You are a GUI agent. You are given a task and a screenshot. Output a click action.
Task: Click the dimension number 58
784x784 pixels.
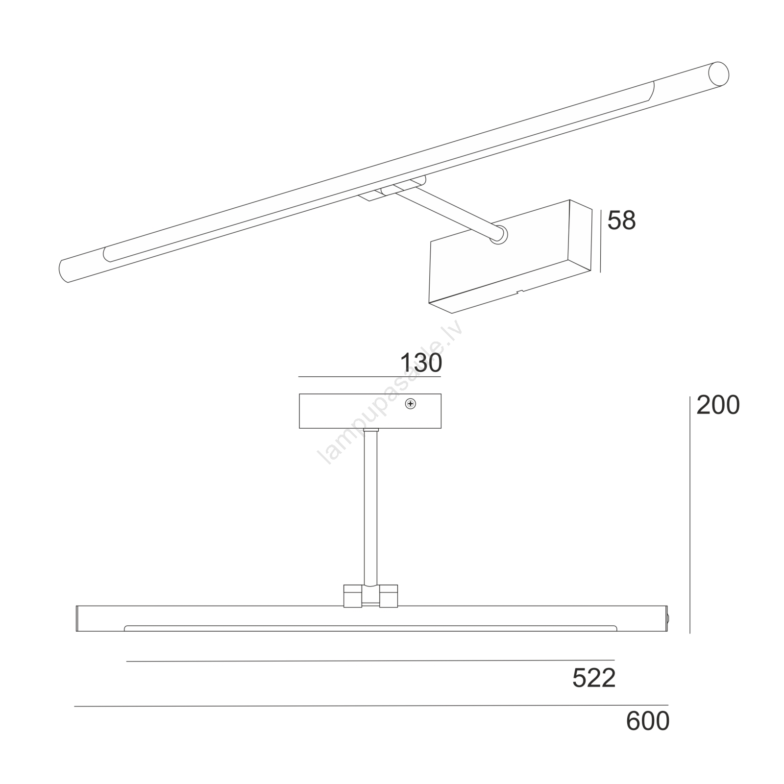(621, 220)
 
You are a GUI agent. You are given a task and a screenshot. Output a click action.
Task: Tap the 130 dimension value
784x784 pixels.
(421, 363)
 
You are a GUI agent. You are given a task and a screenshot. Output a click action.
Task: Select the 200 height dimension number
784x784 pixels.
(718, 405)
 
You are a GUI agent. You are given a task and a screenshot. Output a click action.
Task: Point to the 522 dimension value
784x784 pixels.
(594, 679)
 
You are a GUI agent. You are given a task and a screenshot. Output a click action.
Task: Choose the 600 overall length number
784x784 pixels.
(648, 721)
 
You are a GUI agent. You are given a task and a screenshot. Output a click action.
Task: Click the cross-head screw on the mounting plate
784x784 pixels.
(411, 404)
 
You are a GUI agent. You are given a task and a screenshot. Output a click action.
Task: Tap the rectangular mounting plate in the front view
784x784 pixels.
(370, 411)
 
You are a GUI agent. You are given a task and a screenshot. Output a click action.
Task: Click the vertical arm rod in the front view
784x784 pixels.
(370, 507)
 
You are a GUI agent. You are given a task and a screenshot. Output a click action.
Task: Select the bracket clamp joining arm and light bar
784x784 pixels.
(370, 596)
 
